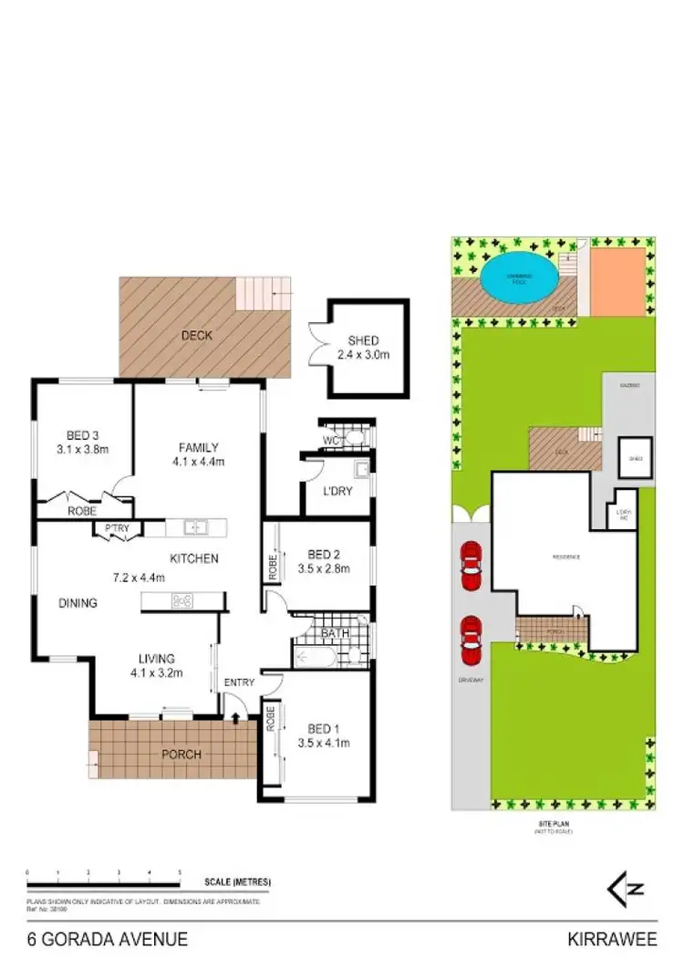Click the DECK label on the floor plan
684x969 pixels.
point(196,336)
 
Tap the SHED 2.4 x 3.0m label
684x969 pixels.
point(362,348)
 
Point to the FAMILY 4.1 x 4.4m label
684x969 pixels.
point(198,453)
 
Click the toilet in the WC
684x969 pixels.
point(356,438)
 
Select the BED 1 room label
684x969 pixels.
point(323,729)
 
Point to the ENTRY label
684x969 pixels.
point(240,682)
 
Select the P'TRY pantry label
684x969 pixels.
point(116,527)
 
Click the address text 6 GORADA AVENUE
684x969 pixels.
point(108,939)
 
